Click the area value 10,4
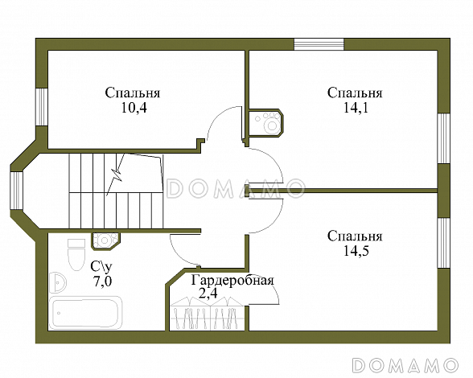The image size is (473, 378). click(134, 108)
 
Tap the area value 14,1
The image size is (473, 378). click(356, 108)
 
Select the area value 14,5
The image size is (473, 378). click(356, 251)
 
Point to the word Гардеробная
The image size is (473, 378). click(232, 281)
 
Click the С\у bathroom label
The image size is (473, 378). click(101, 267)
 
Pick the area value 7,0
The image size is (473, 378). click(102, 281)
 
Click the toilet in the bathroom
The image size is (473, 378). click(76, 255)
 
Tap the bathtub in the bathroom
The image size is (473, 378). click(86, 313)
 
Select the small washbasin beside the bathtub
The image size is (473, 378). click(57, 282)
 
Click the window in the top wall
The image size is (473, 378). click(319, 44)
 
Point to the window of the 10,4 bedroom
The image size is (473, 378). click(42, 107)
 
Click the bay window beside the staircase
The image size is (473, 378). click(17, 191)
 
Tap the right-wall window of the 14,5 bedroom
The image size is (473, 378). click(444, 243)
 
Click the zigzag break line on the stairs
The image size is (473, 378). click(116, 175)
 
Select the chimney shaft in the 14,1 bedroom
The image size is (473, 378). click(265, 123)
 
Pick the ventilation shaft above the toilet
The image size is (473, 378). click(105, 240)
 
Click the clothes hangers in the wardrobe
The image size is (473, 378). click(207, 315)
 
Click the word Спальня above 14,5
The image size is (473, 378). click(355, 236)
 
